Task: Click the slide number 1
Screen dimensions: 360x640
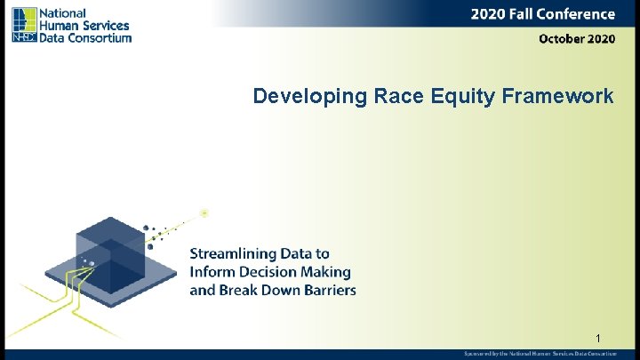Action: pos(599,339)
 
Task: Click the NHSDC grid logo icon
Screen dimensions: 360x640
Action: pos(24,25)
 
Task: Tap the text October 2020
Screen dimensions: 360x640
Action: pos(576,39)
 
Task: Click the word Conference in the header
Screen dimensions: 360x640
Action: pos(573,14)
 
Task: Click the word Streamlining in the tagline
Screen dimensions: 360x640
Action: pos(233,254)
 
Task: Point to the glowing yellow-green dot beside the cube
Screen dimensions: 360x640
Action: pos(204,212)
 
